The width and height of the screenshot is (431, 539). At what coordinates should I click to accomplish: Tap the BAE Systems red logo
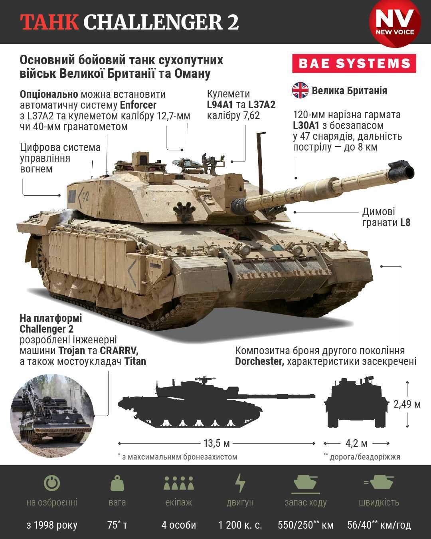(354, 63)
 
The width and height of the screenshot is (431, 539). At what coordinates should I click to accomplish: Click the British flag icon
(300, 90)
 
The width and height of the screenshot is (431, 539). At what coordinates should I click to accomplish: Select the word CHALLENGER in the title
(152, 22)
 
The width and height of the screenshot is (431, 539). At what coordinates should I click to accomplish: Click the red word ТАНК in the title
(49, 22)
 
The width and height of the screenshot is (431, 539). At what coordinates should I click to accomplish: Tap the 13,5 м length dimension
(217, 443)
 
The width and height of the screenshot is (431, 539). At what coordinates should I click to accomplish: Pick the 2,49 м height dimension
(407, 404)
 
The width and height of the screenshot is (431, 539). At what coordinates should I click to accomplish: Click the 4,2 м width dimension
(356, 443)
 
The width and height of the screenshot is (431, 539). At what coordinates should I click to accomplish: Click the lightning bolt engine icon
(240, 483)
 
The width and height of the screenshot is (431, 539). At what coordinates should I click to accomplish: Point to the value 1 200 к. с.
(240, 525)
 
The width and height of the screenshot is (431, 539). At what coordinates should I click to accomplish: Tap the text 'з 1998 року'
(52, 525)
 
